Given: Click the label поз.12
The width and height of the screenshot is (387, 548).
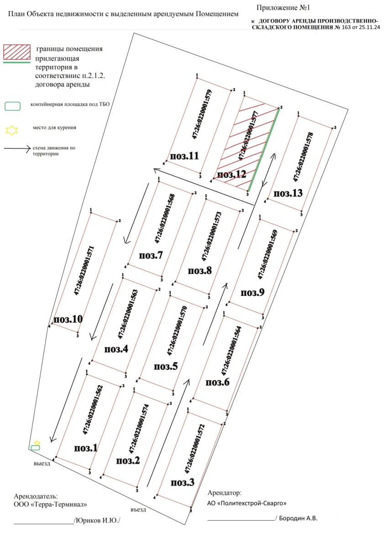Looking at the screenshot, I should pyautogui.click(x=231, y=174).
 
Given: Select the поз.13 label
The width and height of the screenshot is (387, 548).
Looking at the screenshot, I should pyautogui.click(x=288, y=193).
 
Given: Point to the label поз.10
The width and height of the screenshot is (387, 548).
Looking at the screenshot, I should pyautogui.click(x=68, y=319).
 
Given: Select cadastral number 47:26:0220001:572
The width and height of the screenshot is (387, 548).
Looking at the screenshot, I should pyautogui.click(x=195, y=448).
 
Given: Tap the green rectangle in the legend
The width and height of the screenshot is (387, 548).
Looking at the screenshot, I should pyautogui.click(x=13, y=106).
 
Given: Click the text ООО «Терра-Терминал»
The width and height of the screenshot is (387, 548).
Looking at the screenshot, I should pyautogui.click(x=50, y=504).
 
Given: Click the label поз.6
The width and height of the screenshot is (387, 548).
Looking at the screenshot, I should pyautogui.click(x=217, y=382).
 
